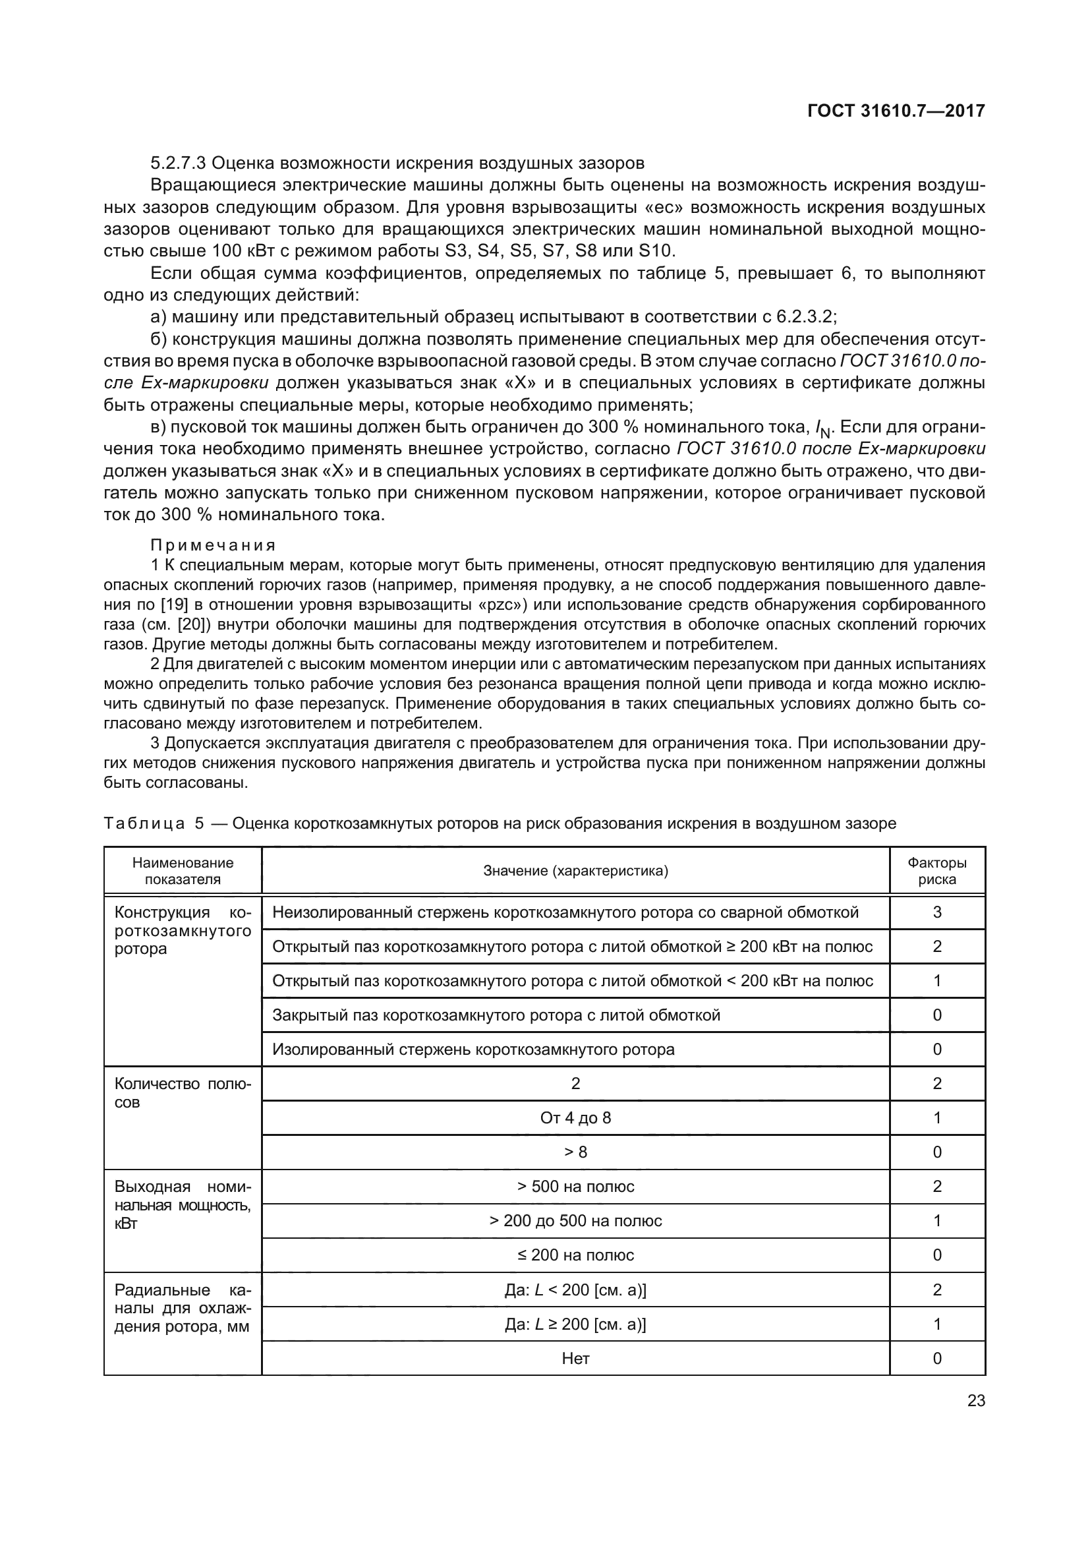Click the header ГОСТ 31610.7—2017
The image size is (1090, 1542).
point(896,111)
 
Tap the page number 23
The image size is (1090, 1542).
point(976,1400)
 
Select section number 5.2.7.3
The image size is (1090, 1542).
point(179,163)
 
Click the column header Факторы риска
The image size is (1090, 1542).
point(937,871)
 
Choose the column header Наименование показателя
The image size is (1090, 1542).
point(183,871)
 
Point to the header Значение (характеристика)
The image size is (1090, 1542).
point(575,871)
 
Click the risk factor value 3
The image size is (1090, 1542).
point(937,912)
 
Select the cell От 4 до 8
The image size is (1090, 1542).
point(575,1117)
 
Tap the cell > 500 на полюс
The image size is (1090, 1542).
point(575,1186)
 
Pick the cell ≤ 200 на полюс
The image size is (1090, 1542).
point(575,1255)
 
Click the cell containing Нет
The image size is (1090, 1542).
point(575,1358)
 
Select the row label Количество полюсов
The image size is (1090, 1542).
point(183,1092)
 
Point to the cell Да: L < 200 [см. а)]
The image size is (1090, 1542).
point(575,1290)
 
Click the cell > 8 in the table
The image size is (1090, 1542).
point(575,1152)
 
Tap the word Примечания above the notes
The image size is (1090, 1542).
point(214,545)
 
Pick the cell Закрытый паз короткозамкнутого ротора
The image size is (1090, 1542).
point(496,1015)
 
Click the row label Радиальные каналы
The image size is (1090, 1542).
point(183,1307)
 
